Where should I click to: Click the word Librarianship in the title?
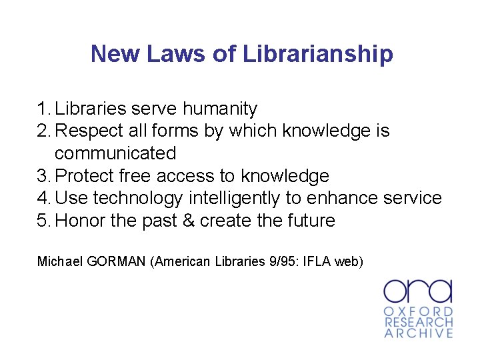pos(318,54)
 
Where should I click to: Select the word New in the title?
pos(111,54)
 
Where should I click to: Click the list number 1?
pos(43,108)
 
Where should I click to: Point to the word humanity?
pos(220,108)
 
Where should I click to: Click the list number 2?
pos(43,131)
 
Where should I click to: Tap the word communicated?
pos(115,153)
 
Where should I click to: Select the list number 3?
pos(43,176)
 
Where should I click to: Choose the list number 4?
pos(43,198)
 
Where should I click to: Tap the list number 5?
pos(43,221)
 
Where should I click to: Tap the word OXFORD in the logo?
pos(418,311)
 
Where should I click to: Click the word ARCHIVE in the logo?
pos(418,333)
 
